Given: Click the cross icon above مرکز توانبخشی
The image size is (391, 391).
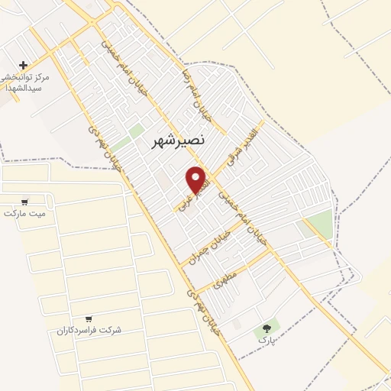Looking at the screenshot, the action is [x=24, y=66].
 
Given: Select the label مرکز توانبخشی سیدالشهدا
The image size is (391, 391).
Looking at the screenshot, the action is [x=26, y=82].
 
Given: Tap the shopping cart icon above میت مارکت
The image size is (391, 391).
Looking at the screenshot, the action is [x=25, y=202].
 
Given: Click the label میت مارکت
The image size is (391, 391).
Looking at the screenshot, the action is [x=24, y=213].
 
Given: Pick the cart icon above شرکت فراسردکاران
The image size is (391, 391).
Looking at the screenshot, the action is [x=89, y=318].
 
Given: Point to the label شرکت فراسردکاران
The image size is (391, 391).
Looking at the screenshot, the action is [x=89, y=330].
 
